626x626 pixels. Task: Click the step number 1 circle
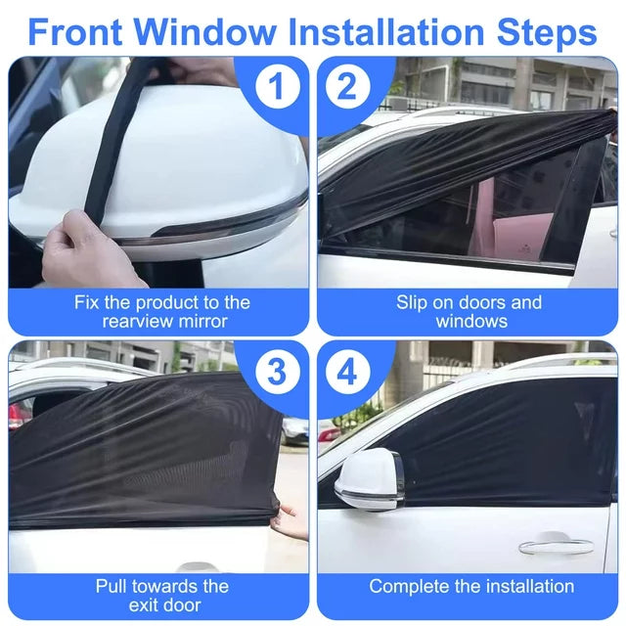[x=278, y=88]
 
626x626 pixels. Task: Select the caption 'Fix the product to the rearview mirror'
[x=162, y=311]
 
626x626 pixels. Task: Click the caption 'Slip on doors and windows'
[x=469, y=311]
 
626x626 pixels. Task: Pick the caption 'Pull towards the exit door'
[x=162, y=596]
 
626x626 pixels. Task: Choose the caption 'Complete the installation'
[x=470, y=586]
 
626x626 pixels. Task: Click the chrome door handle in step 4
[x=555, y=545]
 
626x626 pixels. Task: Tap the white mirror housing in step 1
[x=186, y=156]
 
